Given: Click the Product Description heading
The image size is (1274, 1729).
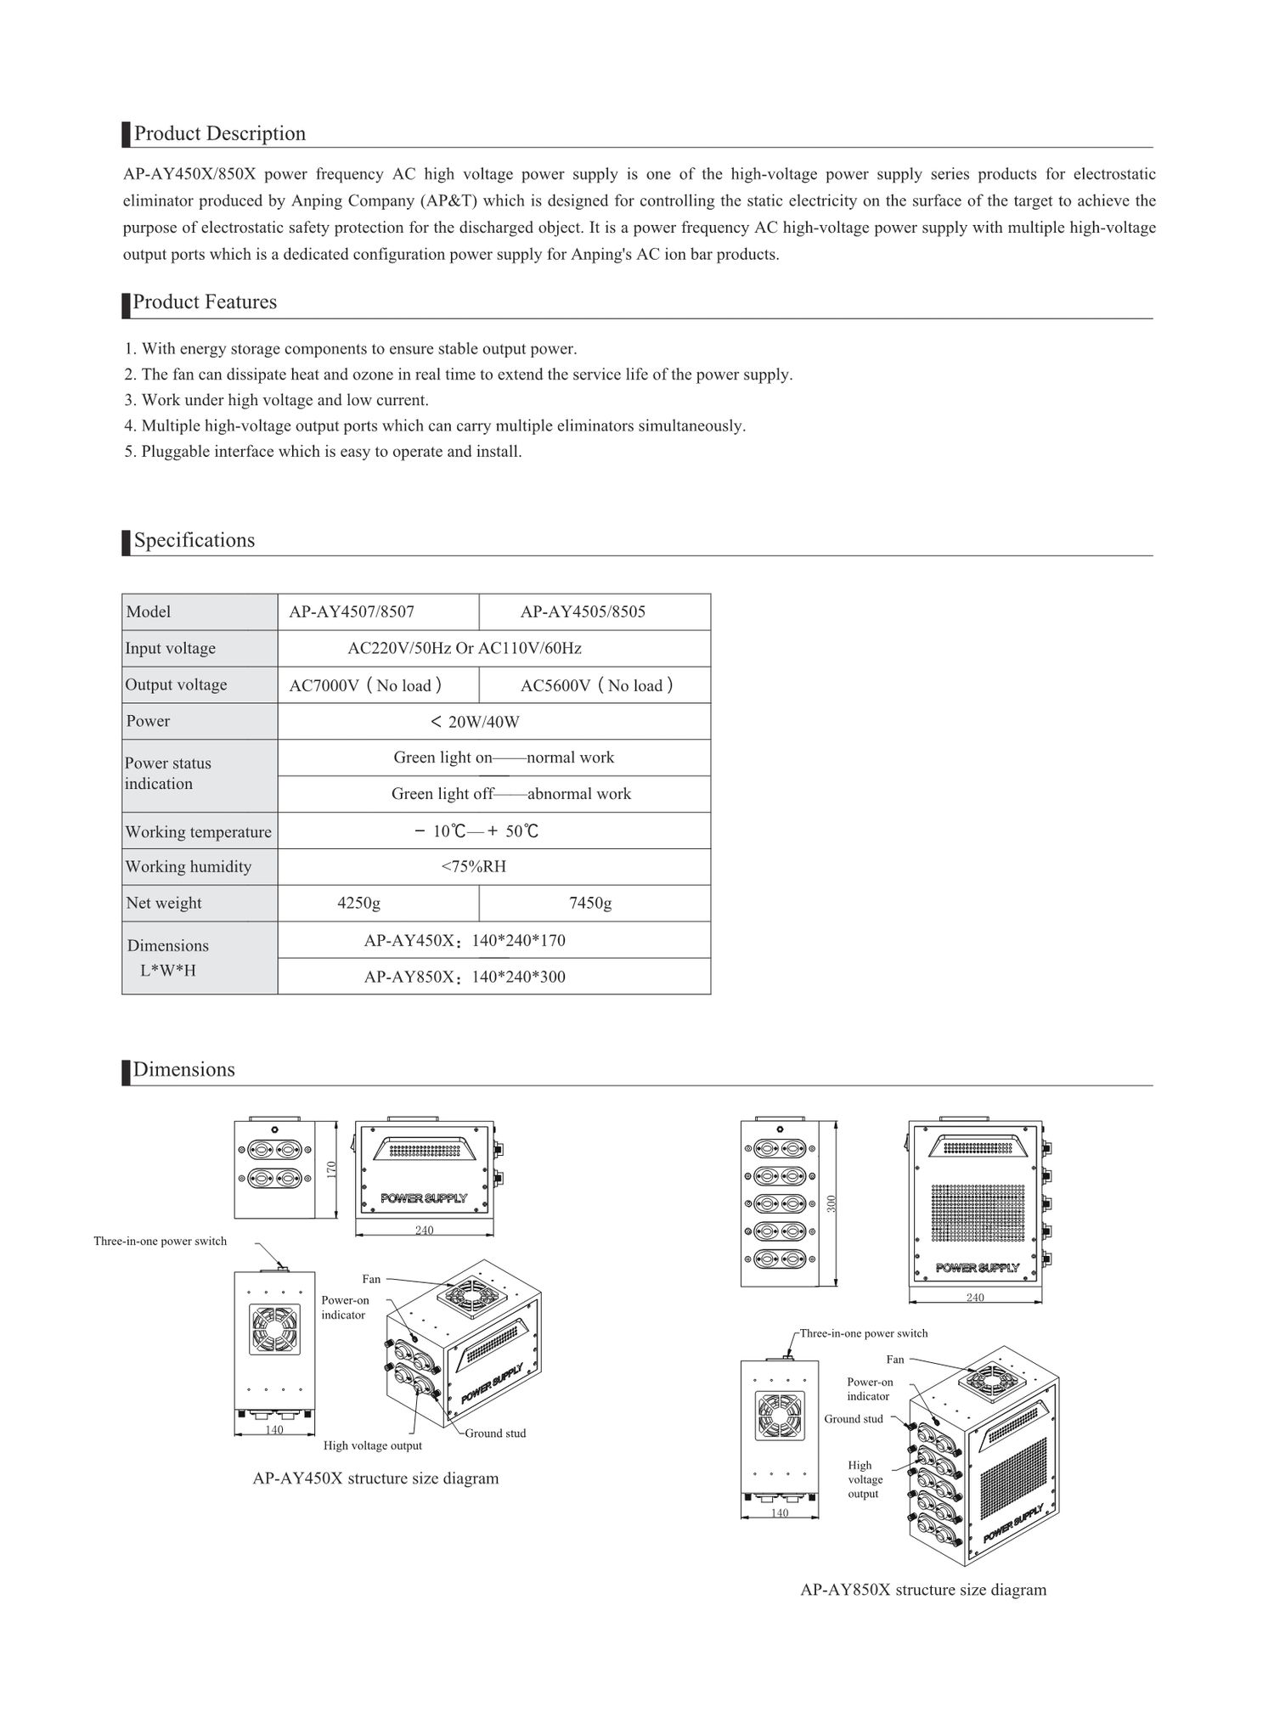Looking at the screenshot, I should (219, 134).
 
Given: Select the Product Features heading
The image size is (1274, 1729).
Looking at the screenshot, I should (205, 302).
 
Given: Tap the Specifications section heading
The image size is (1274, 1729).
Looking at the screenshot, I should (194, 541).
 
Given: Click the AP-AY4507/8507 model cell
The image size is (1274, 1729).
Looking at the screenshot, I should (352, 611).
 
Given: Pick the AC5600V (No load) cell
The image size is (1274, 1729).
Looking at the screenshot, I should (596, 685).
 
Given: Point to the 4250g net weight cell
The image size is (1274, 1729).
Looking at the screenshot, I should (358, 903).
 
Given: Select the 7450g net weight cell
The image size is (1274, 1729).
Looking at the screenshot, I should (590, 903).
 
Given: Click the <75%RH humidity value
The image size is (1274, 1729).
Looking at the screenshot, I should (473, 866).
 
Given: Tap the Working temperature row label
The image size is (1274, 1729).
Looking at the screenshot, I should (199, 832).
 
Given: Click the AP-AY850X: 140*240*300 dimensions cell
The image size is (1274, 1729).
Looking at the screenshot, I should (465, 977).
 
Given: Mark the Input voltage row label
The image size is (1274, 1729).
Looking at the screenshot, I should (171, 649).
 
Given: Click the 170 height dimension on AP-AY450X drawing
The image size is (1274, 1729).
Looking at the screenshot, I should (332, 1169).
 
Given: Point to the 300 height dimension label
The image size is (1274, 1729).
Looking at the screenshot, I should (831, 1203).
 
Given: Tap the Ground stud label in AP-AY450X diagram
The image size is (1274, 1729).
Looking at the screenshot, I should (495, 1433).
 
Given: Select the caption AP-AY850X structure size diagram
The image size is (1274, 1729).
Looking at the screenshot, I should (923, 1590).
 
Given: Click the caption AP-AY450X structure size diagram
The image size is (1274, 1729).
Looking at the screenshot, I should (375, 1478).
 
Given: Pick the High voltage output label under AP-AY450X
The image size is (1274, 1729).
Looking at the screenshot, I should (372, 1445).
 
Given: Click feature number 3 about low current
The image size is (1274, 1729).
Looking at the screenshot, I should (276, 400).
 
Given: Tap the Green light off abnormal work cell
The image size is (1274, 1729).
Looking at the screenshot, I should (510, 794).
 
